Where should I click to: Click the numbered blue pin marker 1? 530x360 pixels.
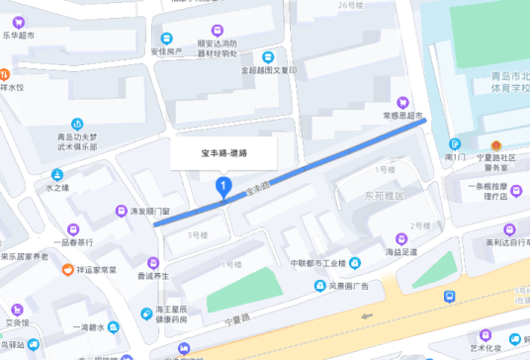[224, 185]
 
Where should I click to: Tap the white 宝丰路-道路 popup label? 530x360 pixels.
[224, 153]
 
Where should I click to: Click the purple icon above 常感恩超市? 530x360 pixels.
[402, 101]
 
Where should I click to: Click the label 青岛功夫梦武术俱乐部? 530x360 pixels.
[77, 141]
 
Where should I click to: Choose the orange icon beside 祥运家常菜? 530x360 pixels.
[67, 269]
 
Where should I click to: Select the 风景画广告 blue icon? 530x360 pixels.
[320, 287]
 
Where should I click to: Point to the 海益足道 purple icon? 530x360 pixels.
[402, 237]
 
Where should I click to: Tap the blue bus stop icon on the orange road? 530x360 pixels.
[450, 296]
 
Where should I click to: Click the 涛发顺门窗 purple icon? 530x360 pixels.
[120, 210]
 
